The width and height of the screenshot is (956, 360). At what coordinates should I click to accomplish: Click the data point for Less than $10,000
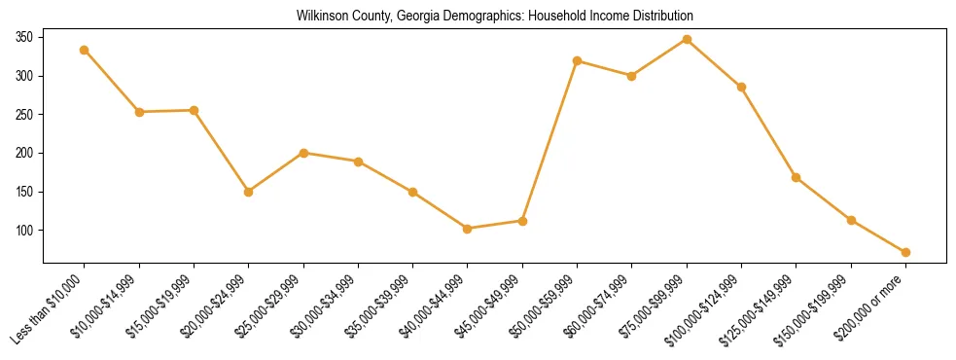[85, 50]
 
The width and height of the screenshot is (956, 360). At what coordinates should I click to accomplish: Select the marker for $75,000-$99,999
[687, 40]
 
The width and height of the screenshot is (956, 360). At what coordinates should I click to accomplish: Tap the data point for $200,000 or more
[905, 252]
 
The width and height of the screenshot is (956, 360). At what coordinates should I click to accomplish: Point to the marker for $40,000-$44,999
[468, 229]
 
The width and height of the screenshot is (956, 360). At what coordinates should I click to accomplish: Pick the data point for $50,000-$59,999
[578, 60]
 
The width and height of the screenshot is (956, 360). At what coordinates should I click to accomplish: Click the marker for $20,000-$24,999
[249, 192]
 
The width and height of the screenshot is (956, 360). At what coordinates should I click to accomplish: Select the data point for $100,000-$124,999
[741, 87]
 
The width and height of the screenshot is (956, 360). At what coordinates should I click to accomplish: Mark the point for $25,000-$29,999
[303, 153]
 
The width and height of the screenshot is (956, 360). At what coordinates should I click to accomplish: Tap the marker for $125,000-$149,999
[797, 177]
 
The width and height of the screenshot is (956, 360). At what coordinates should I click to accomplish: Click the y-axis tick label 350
[24, 37]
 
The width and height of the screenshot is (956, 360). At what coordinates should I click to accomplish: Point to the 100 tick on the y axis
[24, 231]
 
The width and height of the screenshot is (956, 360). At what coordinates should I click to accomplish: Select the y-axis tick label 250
[24, 114]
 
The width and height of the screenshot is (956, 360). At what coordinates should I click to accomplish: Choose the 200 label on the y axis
[24, 153]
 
